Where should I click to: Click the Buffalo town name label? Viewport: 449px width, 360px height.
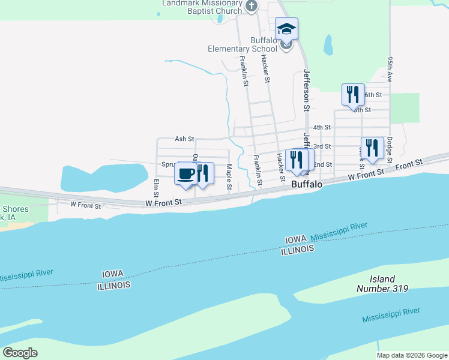point(307,185)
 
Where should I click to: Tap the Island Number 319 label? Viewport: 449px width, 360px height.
point(382,284)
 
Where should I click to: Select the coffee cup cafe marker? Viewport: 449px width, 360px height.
point(186,173)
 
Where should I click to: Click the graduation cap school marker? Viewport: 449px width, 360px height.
point(286,29)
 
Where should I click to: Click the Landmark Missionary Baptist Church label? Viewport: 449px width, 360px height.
point(202,7)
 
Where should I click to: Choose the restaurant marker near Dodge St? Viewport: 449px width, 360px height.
point(372,148)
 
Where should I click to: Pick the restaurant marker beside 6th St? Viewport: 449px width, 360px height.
point(353,95)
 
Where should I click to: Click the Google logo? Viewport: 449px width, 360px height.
point(20,353)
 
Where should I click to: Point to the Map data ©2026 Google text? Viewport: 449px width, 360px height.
point(411,355)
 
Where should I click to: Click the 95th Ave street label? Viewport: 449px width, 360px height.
point(390,70)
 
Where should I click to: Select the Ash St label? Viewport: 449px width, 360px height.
point(184,139)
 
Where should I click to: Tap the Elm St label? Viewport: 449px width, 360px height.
point(156,188)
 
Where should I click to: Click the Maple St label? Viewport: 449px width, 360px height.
point(229,178)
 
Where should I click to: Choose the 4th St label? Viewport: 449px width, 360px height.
point(322,127)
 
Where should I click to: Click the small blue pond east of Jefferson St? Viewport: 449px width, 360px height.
point(328,44)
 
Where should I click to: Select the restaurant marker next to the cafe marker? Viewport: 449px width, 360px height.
point(203,173)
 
